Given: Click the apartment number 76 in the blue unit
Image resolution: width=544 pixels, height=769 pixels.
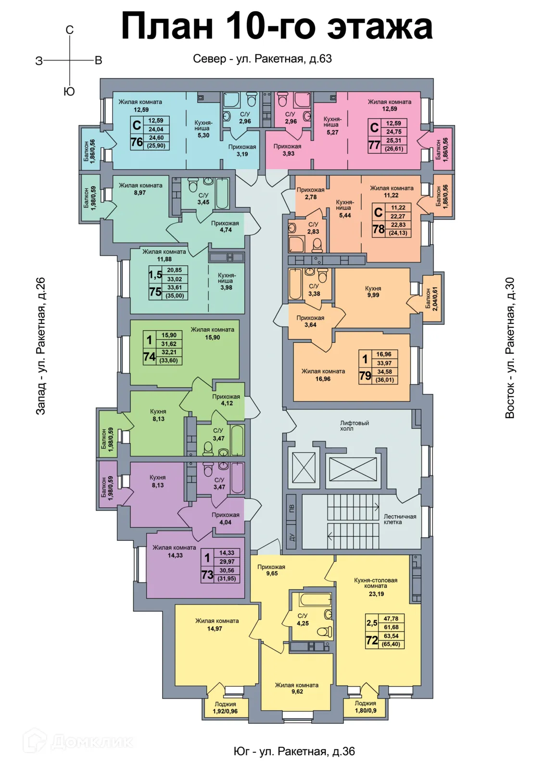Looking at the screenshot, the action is (137, 141).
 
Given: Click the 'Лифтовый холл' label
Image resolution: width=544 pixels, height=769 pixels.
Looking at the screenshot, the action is (354, 426).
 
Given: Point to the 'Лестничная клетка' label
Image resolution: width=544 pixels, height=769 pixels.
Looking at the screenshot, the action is (400, 520).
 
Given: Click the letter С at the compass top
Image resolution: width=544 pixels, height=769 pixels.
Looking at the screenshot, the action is (69, 30).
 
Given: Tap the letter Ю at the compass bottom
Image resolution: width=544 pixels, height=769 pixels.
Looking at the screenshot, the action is (69, 91).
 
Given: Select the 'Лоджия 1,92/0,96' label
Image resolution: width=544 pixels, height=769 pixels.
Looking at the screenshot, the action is (226, 707).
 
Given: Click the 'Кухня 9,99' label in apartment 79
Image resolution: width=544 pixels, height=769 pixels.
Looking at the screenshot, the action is (373, 291).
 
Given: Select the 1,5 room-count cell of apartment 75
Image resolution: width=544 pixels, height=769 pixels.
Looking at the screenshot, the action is (155, 274).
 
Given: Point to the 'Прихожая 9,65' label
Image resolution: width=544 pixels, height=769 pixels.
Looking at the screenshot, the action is (271, 570).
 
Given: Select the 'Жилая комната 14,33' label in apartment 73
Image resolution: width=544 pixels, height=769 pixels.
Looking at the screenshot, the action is (174, 551).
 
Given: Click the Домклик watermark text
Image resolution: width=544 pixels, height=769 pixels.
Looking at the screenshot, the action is (92, 742).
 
